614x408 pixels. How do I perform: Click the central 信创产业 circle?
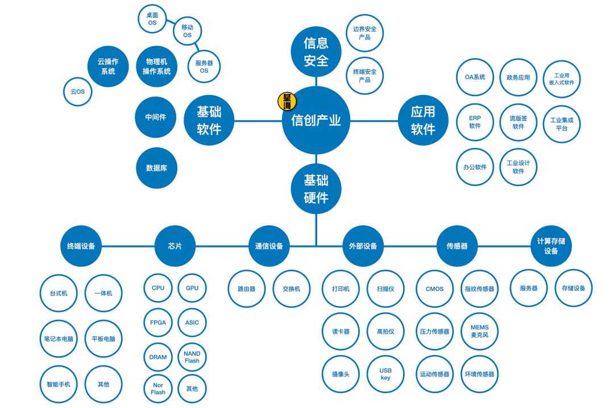(316, 121)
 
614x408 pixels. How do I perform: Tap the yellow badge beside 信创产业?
(287, 101)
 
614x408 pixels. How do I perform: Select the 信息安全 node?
(316, 52)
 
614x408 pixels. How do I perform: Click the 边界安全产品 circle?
(364, 32)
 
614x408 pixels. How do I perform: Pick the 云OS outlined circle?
(77, 91)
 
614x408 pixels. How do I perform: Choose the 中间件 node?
(155, 117)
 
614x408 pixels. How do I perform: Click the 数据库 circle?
(156, 168)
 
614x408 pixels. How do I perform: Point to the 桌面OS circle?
(152, 19)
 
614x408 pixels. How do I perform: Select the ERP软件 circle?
(475, 122)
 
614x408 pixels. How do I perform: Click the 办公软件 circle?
(475, 167)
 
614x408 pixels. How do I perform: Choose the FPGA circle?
(158, 323)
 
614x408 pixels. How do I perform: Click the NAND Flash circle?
(192, 357)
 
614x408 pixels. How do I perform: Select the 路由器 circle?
(246, 289)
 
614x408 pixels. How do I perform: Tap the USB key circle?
(385, 374)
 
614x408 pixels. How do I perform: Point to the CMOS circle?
(434, 289)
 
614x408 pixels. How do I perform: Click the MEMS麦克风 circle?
(479, 331)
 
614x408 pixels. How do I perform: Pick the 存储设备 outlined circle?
(573, 288)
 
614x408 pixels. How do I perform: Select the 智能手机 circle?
(58, 384)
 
